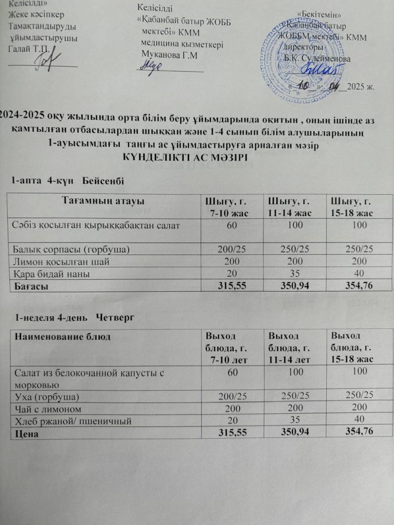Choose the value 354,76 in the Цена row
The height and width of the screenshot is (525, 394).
click(x=358, y=430)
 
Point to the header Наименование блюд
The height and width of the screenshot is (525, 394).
click(x=63, y=336)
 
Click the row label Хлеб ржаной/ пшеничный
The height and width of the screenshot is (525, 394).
click(x=72, y=420)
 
